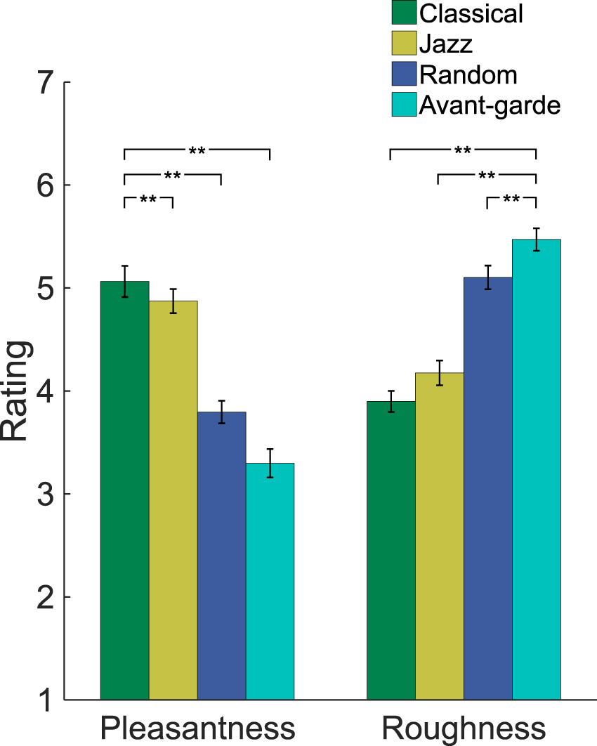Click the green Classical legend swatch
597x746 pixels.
pyautogui.click(x=403, y=13)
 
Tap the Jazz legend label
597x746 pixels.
pyautogui.click(x=446, y=44)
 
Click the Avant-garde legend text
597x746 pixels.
pyautogui.click(x=490, y=105)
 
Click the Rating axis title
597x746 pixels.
pyautogui.click(x=15, y=391)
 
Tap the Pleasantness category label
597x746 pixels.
pyautogui.click(x=197, y=728)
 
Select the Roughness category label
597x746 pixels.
pyautogui.click(x=464, y=728)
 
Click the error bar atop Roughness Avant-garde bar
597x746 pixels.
pyautogui.click(x=536, y=240)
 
